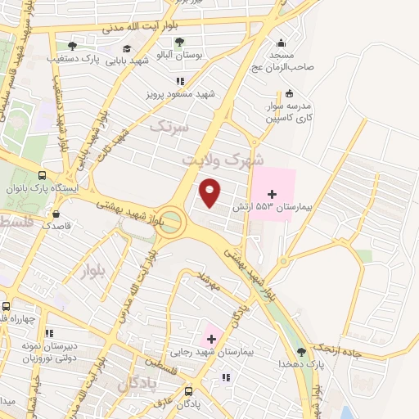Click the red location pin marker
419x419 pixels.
pos(211,192)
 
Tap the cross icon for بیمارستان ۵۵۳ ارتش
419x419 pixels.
pos(272,191)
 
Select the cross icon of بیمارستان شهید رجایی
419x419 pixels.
pos(211,337)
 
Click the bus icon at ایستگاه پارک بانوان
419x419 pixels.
pos(42,175)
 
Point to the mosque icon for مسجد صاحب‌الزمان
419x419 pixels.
pos(282,43)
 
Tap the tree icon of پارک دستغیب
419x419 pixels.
pos(73,46)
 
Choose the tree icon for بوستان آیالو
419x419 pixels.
pos(179,42)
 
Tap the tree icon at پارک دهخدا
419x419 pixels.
pos(301,351)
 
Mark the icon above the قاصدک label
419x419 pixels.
pos(56,211)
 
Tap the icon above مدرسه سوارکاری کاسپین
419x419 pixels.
pos(289,93)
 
